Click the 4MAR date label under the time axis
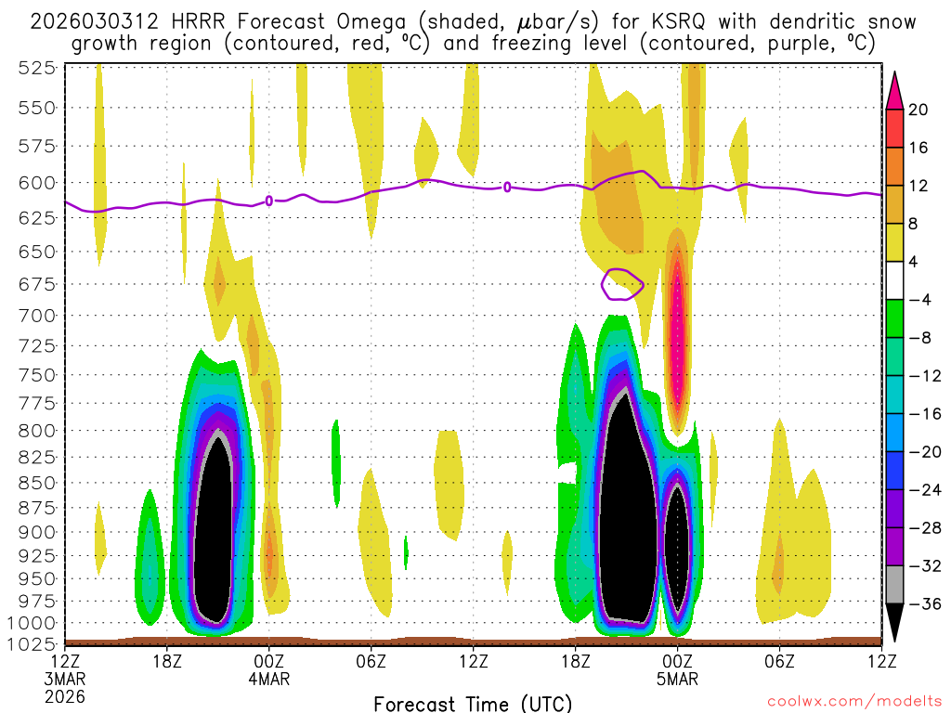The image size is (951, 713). [269, 679]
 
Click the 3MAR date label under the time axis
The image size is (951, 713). [65, 679]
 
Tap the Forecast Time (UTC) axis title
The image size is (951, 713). [473, 703]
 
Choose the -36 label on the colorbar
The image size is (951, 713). [924, 604]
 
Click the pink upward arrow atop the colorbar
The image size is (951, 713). [895, 90]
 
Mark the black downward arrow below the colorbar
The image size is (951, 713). [895, 621]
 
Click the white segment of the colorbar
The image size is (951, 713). [895, 280]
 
